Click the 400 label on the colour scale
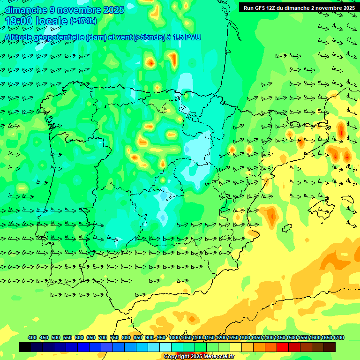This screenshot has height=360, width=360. coord(32,337)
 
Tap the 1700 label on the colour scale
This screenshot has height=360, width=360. coord(326,337)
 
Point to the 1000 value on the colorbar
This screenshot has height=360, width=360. coord(174,337)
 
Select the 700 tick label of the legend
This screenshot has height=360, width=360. coord(103,337)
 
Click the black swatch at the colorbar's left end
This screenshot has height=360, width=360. coord(25,347)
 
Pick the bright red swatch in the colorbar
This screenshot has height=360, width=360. coord(283,347)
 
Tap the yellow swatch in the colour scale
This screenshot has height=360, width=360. coord(236,347)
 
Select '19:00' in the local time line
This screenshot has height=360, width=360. coord(19,21)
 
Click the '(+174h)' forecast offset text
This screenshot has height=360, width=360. coord(83,21)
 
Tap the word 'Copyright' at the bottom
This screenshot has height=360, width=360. coord(177,357)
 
